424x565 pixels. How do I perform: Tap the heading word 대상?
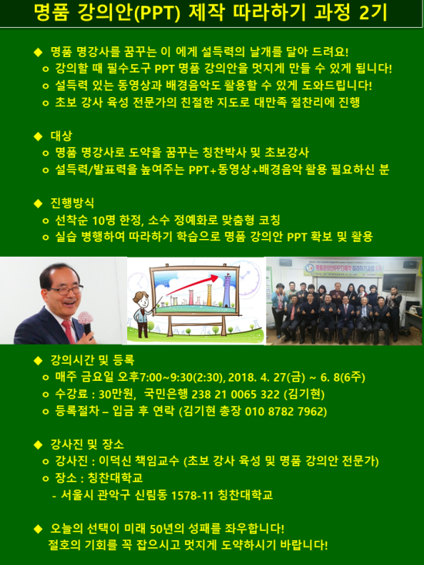click(x=61, y=136)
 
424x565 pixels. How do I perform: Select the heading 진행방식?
click(x=72, y=203)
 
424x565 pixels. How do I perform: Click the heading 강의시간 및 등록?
click(x=93, y=360)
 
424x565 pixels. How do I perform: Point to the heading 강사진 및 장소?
click(x=87, y=444)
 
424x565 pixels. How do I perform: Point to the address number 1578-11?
click(x=193, y=495)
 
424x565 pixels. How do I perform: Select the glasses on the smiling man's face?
click(x=66, y=289)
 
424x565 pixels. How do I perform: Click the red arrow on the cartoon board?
click(x=193, y=284)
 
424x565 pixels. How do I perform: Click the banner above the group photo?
click(x=343, y=268)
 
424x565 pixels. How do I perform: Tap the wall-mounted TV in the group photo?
click(x=399, y=282)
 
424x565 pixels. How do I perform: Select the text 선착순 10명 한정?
click(x=99, y=220)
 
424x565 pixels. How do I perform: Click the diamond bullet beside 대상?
click(x=38, y=136)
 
